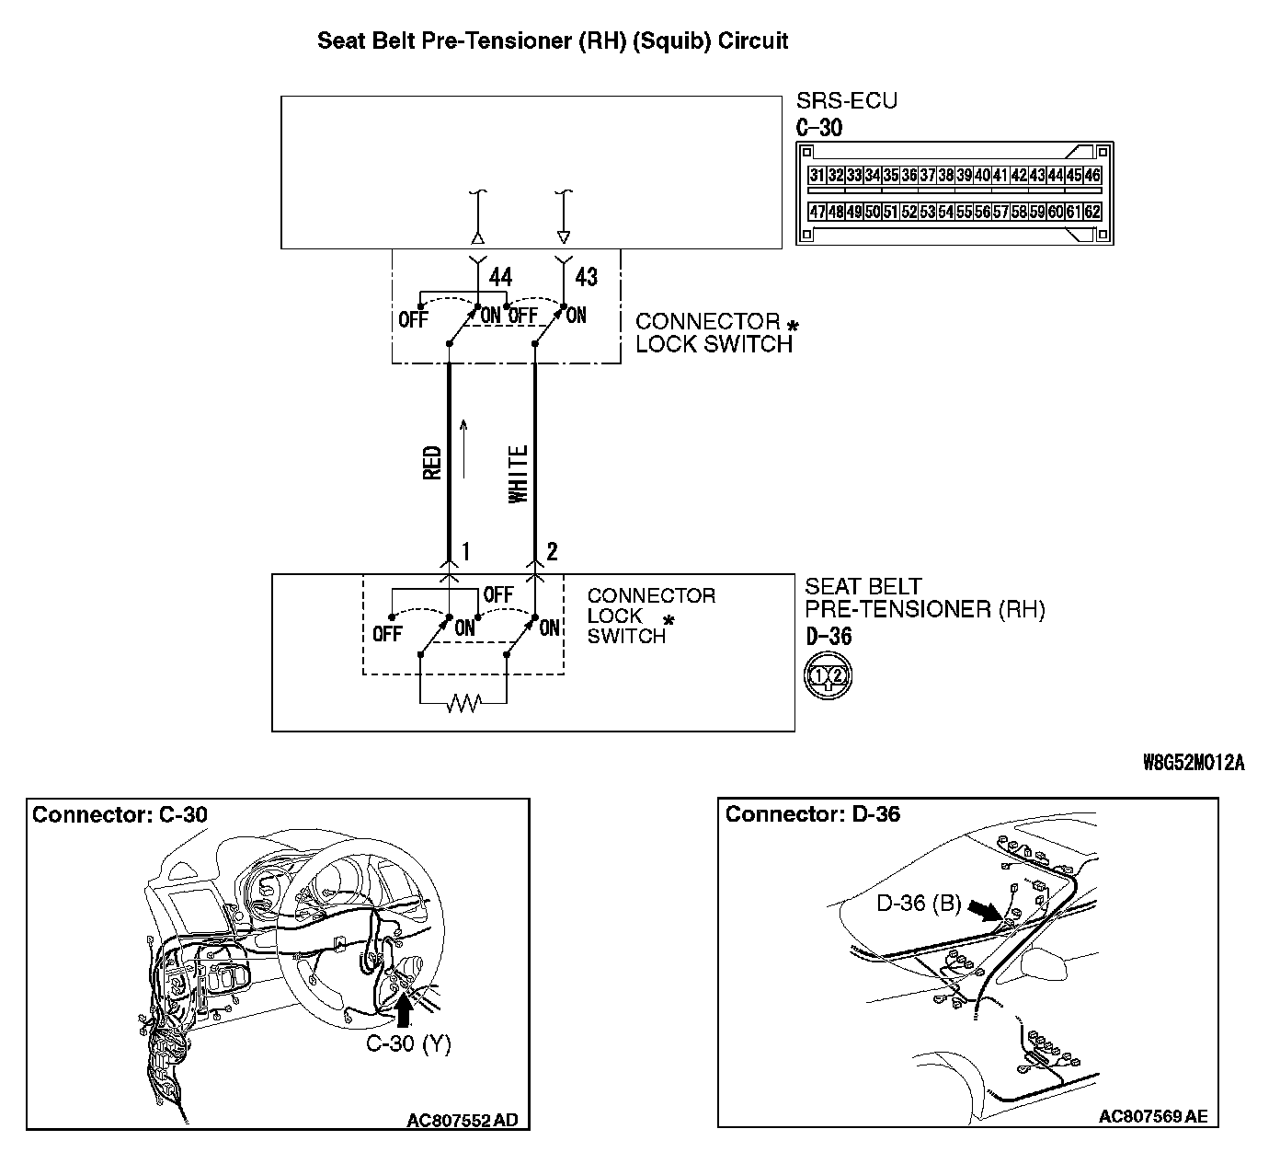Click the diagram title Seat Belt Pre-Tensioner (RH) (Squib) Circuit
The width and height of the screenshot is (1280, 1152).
click(553, 41)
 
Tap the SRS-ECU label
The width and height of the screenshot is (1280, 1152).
click(846, 101)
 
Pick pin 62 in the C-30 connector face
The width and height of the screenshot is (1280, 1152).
click(1091, 212)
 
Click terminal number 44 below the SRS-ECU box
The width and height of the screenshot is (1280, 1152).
click(500, 277)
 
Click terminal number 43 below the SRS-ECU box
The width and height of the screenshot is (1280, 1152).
click(586, 277)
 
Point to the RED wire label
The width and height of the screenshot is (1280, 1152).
click(432, 462)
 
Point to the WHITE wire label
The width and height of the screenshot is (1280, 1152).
click(519, 474)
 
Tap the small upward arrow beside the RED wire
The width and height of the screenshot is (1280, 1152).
click(464, 448)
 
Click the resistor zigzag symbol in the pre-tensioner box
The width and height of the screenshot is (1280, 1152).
click(463, 704)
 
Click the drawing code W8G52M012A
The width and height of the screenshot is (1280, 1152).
click(1193, 763)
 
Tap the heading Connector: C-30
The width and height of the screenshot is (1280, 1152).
click(120, 814)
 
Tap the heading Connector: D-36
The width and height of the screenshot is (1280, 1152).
click(813, 814)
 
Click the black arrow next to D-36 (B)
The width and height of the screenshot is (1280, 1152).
click(988, 910)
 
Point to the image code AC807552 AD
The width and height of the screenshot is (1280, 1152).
click(462, 1120)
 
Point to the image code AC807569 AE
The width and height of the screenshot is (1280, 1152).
click(1153, 1117)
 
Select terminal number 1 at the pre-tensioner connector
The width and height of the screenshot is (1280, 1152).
click(466, 552)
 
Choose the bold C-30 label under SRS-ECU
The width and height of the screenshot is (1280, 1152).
click(818, 127)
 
